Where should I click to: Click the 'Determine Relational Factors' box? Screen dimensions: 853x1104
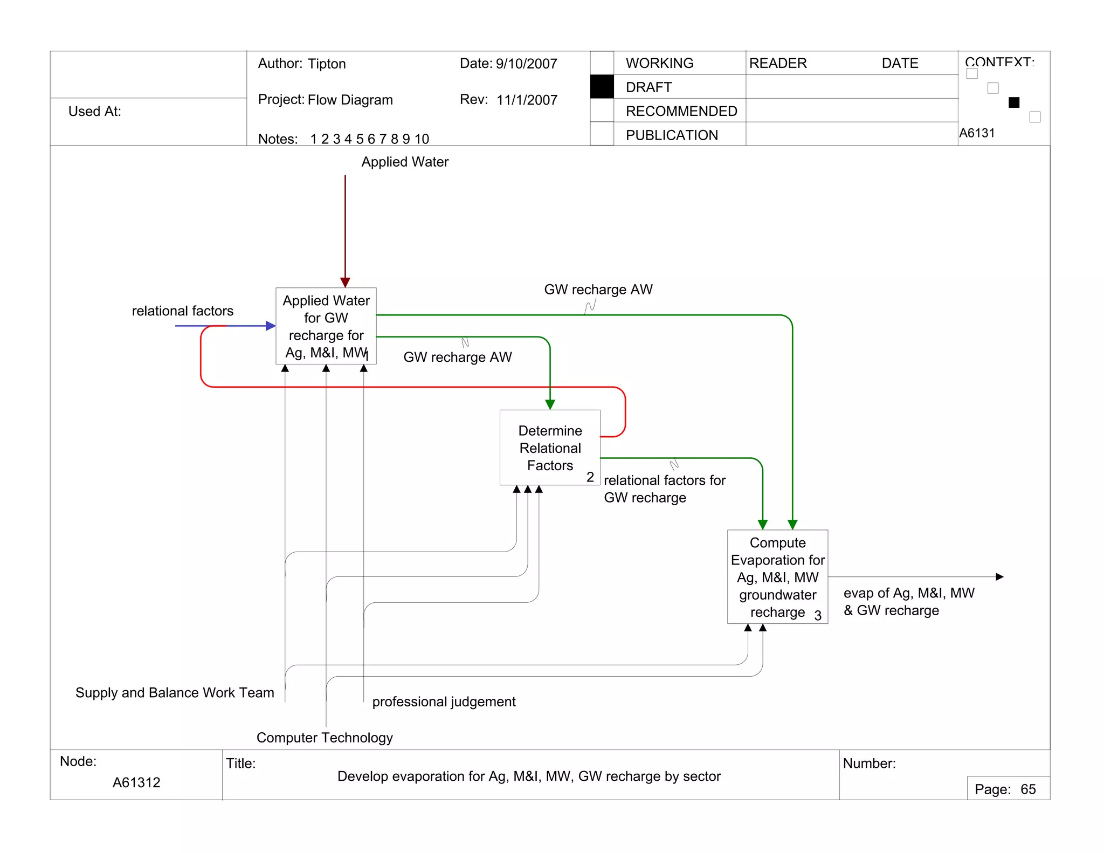tap(550, 448)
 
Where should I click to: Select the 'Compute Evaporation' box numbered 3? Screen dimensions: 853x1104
tap(777, 577)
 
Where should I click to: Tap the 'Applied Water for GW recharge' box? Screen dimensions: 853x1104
tap(326, 326)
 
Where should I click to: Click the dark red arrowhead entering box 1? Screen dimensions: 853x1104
tap(345, 282)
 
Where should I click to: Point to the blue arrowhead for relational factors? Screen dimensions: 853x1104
tap(271, 326)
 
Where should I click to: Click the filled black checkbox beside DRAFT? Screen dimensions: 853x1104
tap(602, 87)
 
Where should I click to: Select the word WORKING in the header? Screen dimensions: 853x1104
tap(659, 63)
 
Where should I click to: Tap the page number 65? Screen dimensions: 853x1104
tap(1028, 789)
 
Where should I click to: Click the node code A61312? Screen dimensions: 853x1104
tap(136, 782)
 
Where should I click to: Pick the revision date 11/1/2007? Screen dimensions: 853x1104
tap(527, 100)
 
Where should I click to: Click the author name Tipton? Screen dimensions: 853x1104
tap(327, 64)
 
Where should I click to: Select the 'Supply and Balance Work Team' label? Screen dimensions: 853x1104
tap(175, 692)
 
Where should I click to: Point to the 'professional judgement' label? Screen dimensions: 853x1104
tap(444, 701)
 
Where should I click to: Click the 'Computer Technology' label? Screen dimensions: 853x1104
tap(325, 738)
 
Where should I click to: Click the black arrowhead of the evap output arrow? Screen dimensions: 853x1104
tap(999, 577)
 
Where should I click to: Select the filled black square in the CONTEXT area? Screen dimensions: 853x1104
tap(1013, 102)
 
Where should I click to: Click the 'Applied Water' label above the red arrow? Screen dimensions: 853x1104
tap(405, 162)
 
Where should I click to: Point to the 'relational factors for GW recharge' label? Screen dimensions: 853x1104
tap(664, 489)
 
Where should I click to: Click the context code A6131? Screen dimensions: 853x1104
tap(977, 133)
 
